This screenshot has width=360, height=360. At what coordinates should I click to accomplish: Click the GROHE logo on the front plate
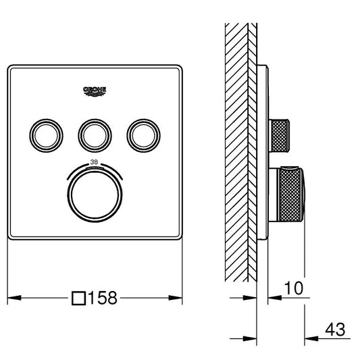click(95, 91)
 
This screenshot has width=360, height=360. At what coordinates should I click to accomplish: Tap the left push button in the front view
click(46, 136)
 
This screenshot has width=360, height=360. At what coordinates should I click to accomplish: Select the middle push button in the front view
click(95, 136)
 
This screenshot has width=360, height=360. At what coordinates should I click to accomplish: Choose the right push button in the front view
click(143, 136)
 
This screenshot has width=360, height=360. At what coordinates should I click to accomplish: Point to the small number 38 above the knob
click(94, 162)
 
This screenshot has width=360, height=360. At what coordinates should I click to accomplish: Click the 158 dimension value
click(103, 298)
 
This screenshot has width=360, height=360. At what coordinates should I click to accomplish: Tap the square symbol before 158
click(79, 299)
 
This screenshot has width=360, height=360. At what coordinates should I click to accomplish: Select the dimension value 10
click(294, 288)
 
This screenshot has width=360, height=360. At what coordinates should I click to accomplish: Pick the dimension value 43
click(335, 330)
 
